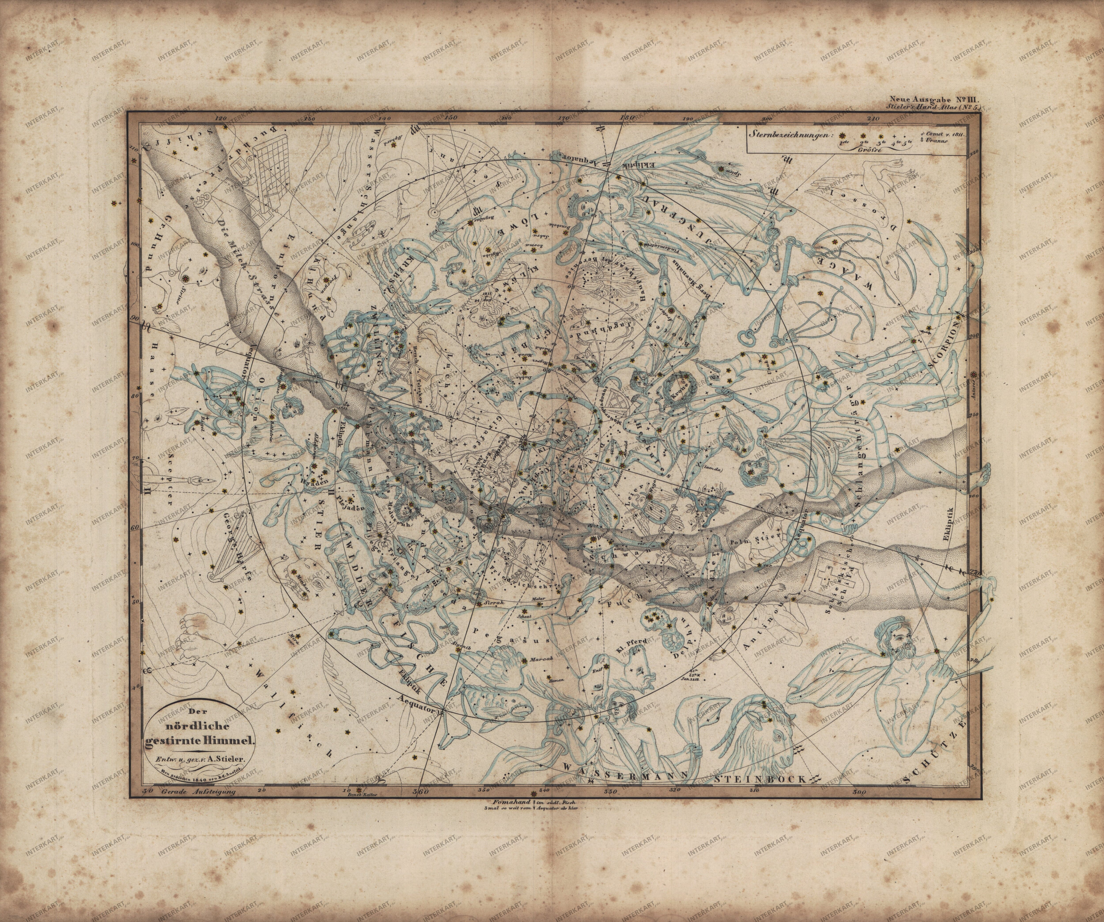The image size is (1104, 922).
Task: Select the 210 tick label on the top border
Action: [873, 119]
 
